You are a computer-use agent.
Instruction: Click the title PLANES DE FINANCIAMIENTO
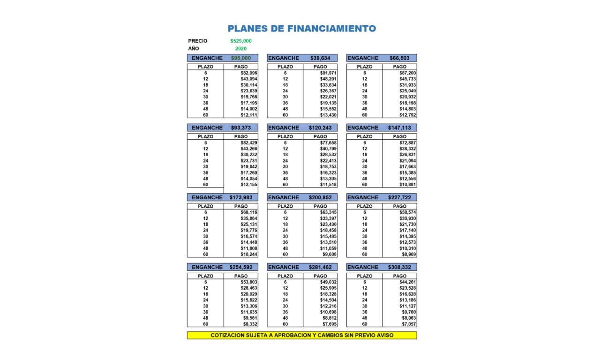pyautogui.click(x=302, y=29)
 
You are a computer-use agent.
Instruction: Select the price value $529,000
pyautogui.click(x=241, y=41)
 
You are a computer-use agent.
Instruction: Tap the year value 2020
pyautogui.click(x=241, y=48)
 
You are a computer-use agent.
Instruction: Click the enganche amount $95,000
pyautogui.click(x=241, y=58)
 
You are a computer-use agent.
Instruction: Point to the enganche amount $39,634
pyautogui.click(x=320, y=58)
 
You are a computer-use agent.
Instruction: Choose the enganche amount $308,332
pyautogui.click(x=399, y=267)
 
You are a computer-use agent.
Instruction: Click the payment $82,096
pyautogui.click(x=249, y=73)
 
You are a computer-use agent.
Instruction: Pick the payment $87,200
pyautogui.click(x=407, y=73)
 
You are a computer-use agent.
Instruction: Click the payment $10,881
pyautogui.click(x=407, y=185)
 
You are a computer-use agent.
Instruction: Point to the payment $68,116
pyautogui.click(x=249, y=212)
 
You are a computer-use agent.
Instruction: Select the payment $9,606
pyautogui.click(x=330, y=255)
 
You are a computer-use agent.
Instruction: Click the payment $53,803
pyautogui.click(x=249, y=282)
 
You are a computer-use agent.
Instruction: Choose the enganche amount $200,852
pyautogui.click(x=320, y=197)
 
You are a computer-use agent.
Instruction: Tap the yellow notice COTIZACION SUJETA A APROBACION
pyautogui.click(x=302, y=336)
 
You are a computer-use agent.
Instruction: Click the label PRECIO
pyautogui.click(x=197, y=41)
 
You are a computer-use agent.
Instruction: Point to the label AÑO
pyautogui.click(x=194, y=48)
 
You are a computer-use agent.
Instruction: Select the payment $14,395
pyautogui.click(x=407, y=236)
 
